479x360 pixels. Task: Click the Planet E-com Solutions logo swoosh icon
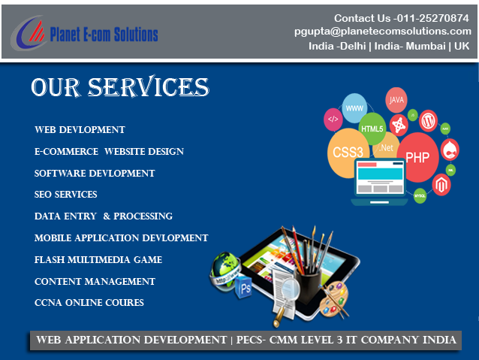click(28, 33)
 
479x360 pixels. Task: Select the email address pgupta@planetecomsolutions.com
click(383, 32)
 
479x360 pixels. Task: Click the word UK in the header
click(462, 46)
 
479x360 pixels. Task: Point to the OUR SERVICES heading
click(120, 86)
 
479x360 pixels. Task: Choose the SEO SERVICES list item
click(65, 194)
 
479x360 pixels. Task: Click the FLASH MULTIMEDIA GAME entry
click(98, 259)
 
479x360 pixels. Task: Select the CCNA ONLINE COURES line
click(89, 302)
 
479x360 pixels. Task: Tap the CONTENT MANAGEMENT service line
click(95, 281)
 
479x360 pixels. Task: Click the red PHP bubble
click(417, 157)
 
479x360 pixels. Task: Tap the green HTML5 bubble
click(372, 129)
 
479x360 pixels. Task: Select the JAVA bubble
click(396, 100)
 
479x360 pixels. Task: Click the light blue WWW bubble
click(354, 108)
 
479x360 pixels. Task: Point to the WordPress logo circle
click(428, 121)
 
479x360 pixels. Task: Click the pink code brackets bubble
click(333, 119)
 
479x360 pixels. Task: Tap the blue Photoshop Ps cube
click(244, 287)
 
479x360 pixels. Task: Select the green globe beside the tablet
click(225, 271)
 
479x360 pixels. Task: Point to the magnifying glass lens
click(291, 289)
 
